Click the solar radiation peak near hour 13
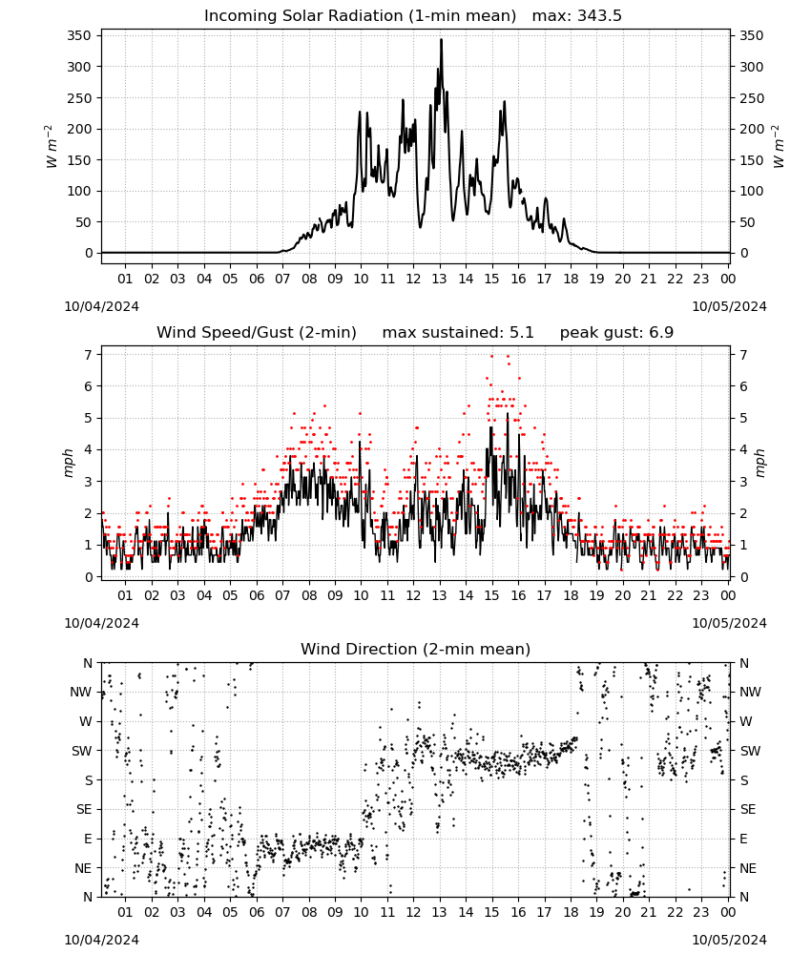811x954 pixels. (x=441, y=39)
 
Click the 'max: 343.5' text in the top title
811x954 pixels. (x=577, y=16)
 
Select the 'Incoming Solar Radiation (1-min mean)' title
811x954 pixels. (x=360, y=16)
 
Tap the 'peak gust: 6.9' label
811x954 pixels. (x=616, y=333)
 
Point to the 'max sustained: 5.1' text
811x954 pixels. (x=458, y=333)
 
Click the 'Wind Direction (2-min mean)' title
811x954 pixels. (x=416, y=649)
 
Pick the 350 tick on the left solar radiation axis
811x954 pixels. (x=79, y=36)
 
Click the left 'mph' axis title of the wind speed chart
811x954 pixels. (x=68, y=463)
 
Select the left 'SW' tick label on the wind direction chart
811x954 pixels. (x=82, y=751)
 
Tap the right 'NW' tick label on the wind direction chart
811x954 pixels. (x=750, y=692)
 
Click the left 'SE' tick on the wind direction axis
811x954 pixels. (x=84, y=809)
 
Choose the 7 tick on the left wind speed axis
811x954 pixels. (x=89, y=355)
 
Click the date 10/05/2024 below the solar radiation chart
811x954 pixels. (x=729, y=306)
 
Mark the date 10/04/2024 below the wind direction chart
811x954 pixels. (x=101, y=940)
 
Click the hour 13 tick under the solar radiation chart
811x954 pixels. (x=439, y=279)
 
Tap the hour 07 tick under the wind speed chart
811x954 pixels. (x=282, y=595)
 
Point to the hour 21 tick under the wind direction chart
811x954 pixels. (x=649, y=912)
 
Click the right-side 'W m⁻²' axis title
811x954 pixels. (x=779, y=147)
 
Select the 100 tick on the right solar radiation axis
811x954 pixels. (x=752, y=191)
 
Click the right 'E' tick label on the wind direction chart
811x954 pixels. (x=743, y=839)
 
